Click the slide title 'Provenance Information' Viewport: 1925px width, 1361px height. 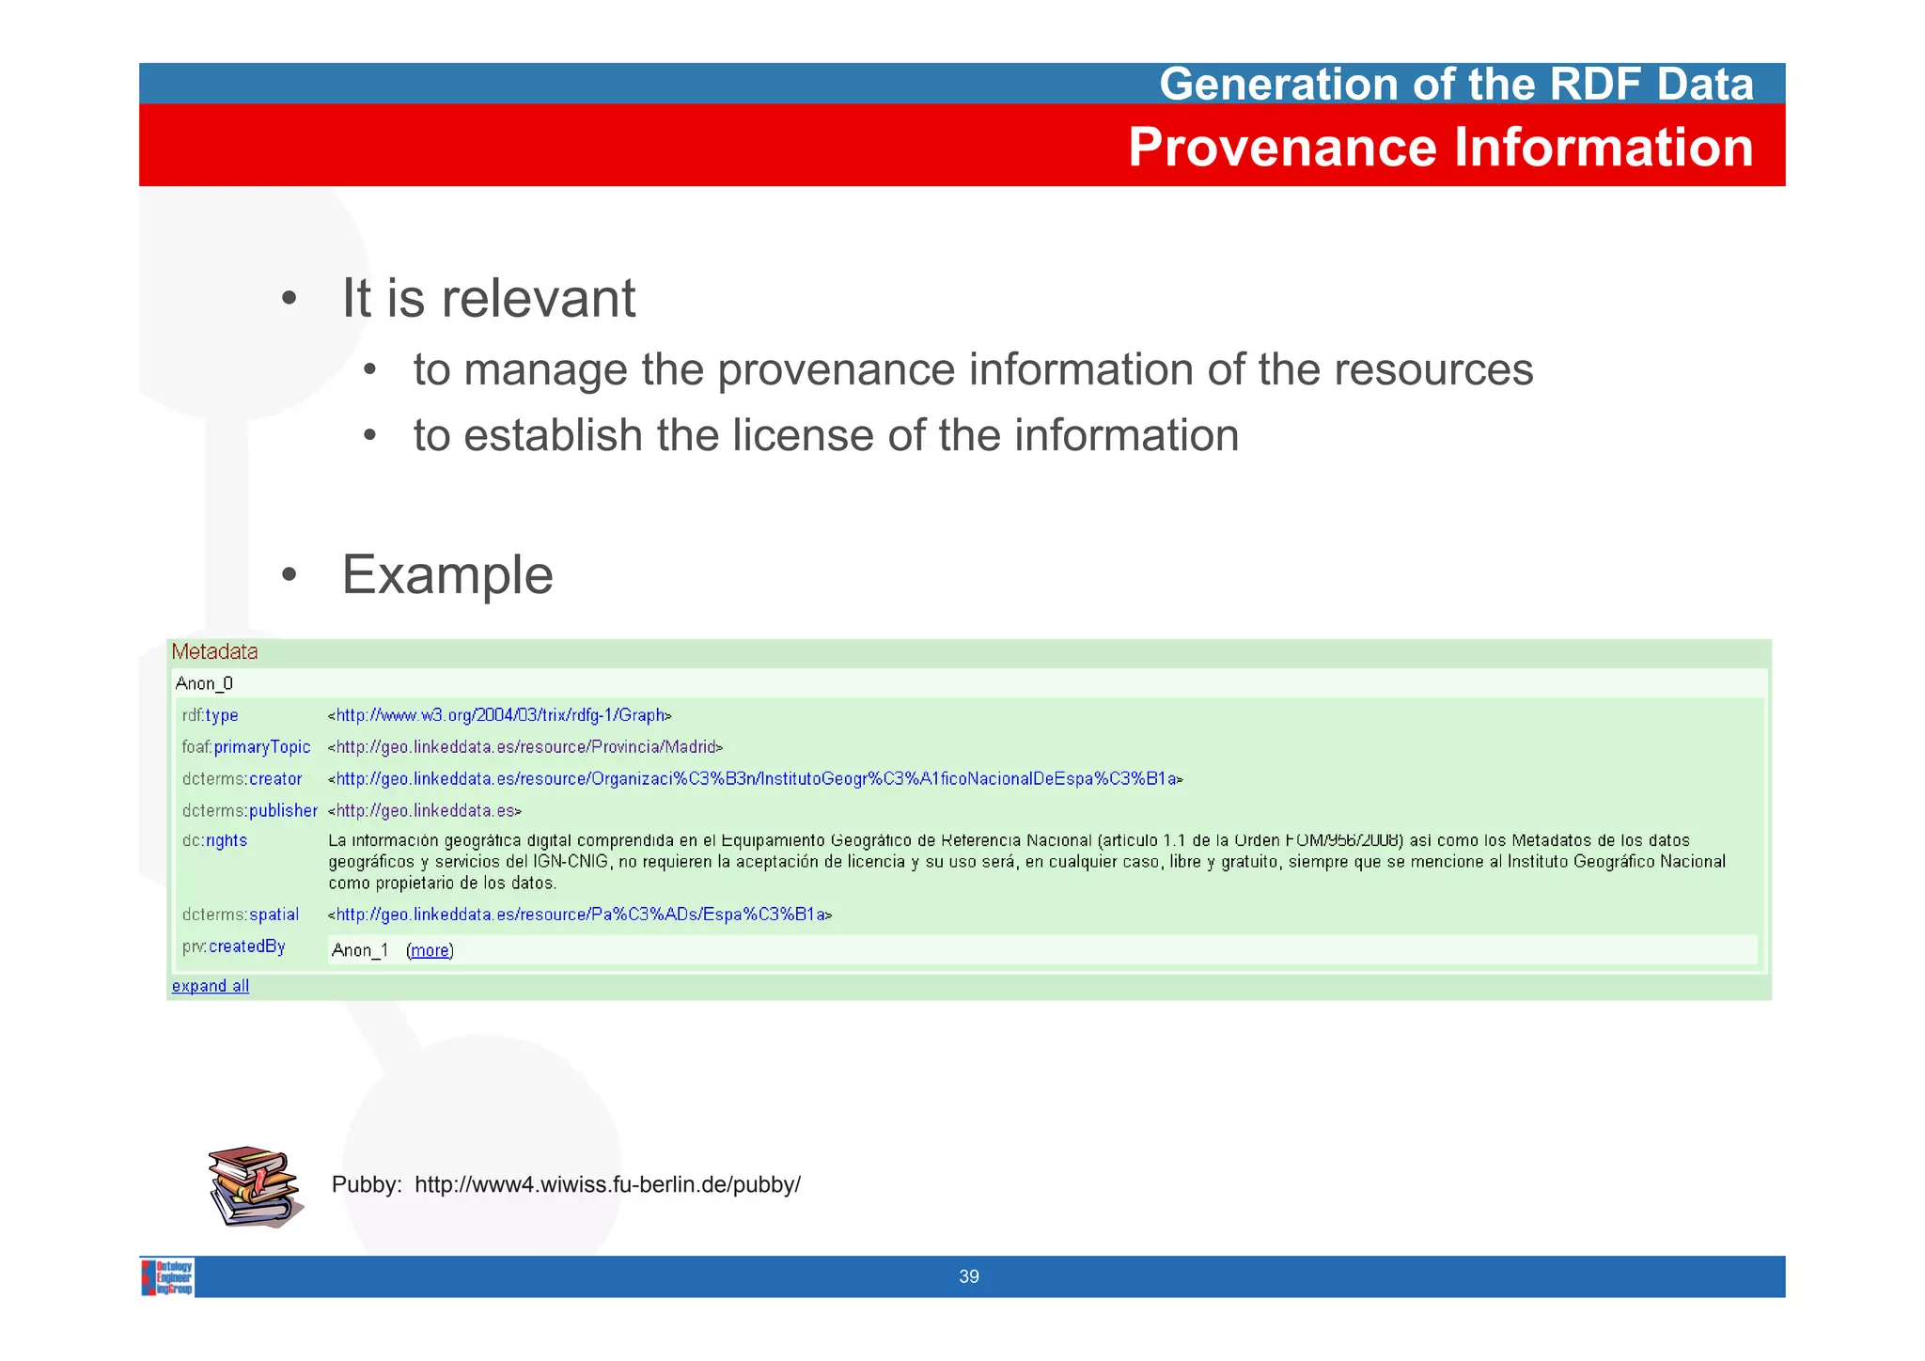[x=1440, y=148]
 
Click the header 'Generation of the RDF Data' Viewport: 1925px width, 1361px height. [x=1456, y=84]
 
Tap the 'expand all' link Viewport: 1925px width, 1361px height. [x=210, y=986]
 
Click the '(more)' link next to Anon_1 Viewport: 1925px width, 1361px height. [x=430, y=950]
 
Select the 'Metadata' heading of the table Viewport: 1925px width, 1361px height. [x=214, y=652]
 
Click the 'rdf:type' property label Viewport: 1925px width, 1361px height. [x=210, y=715]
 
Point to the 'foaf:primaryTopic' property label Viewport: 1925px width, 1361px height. [x=246, y=747]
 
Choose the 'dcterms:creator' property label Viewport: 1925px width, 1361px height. [x=242, y=779]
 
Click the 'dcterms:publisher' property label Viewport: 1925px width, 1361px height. [x=249, y=810]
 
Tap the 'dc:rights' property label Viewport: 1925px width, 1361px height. [x=214, y=840]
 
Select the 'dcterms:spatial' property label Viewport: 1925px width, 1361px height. [x=240, y=915]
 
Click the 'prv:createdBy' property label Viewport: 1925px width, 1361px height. [x=233, y=946]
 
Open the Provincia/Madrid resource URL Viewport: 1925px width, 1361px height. [x=525, y=747]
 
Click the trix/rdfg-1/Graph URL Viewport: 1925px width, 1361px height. [x=500, y=715]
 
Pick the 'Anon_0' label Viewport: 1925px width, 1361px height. [x=204, y=683]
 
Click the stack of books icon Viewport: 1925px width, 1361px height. [x=254, y=1186]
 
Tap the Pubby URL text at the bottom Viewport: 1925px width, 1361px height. [x=607, y=1184]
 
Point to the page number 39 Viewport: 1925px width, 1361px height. [x=968, y=1276]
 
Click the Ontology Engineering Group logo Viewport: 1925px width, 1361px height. [x=168, y=1277]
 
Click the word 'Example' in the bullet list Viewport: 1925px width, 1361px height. [x=447, y=574]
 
